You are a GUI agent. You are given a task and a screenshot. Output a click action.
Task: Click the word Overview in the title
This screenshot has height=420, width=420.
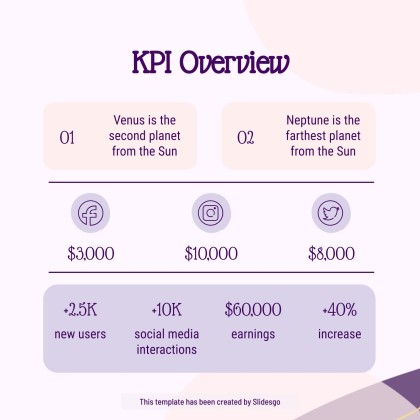coord(240,63)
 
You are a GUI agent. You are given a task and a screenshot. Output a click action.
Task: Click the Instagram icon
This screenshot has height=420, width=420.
coord(210,212)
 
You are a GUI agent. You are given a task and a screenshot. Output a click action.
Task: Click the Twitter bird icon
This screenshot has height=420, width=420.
coord(330,212)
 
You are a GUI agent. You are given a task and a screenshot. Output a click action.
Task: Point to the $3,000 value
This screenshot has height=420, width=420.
coord(91,254)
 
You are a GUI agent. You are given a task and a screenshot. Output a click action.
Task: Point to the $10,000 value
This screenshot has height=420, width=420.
coord(211,254)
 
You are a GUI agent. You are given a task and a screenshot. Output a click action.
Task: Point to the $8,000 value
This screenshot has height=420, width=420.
coord(331,254)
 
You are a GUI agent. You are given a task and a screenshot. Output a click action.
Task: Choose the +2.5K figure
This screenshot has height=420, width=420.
coord(80,310)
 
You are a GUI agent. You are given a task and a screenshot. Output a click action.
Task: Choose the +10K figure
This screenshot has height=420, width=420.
coord(166,310)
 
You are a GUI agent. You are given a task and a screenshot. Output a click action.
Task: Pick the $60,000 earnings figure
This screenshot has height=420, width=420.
coord(252,310)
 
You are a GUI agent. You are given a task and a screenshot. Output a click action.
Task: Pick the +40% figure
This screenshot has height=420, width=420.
coord(339,310)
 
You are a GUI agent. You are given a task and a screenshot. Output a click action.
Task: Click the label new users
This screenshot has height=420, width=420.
coord(80,334)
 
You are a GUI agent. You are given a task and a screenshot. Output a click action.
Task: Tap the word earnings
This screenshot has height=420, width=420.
coord(252,334)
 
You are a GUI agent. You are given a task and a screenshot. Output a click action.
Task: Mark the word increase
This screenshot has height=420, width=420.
coord(339,334)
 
